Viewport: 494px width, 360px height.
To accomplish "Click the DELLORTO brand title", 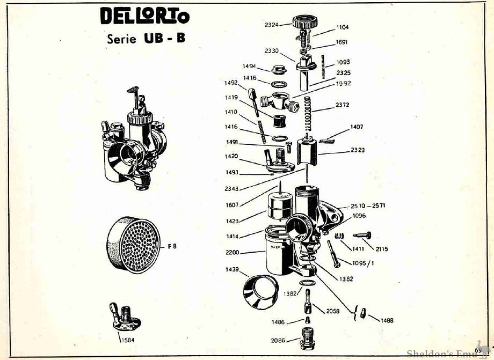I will coord(144,17).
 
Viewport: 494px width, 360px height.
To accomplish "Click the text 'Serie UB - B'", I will coord(146,39).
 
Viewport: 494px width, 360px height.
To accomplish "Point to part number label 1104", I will coord(343,27).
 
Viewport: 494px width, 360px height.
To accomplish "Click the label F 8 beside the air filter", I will coord(172,246).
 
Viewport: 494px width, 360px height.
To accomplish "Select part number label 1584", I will coord(127,340).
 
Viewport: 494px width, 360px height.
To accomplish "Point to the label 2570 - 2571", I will coord(368,205).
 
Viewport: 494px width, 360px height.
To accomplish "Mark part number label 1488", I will coord(387,320).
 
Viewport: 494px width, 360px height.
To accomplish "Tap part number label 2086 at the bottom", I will coord(278,340).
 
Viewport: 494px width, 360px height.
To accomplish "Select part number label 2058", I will coord(333,311).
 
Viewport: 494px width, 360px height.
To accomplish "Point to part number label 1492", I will coord(231,83).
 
